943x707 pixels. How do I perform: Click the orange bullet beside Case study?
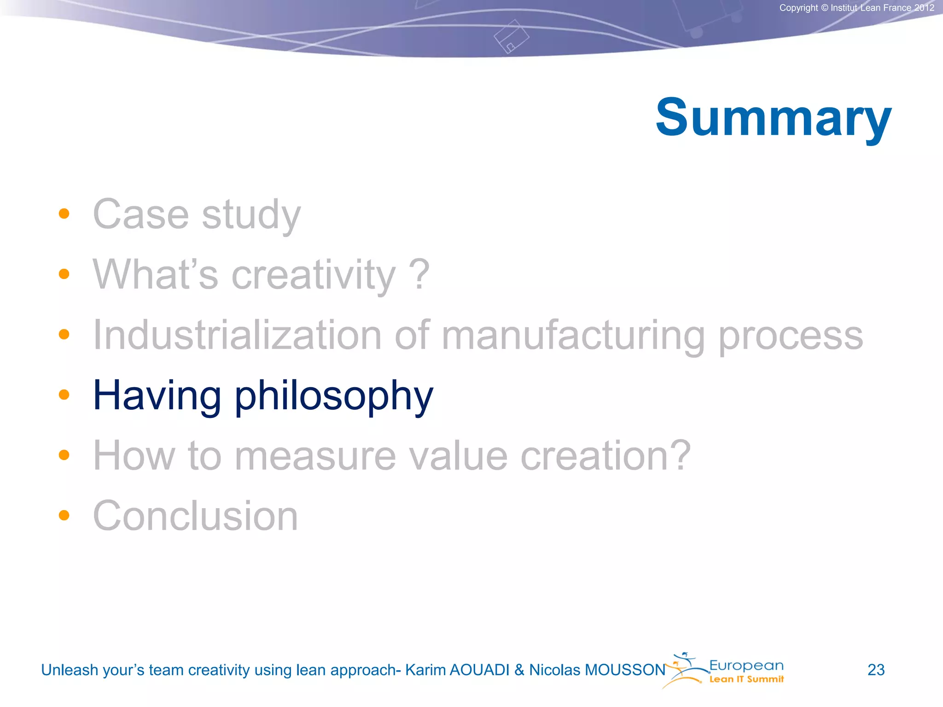click(x=64, y=214)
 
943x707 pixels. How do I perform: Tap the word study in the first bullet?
click(x=251, y=215)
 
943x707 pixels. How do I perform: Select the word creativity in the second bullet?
click(x=313, y=275)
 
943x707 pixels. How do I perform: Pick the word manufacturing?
click(x=573, y=336)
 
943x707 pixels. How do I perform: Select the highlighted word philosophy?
click(x=334, y=396)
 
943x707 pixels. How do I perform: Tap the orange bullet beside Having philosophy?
click(x=64, y=394)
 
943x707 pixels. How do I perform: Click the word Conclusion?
click(x=195, y=516)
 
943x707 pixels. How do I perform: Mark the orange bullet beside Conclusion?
click(x=64, y=515)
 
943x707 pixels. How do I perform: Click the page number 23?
click(x=876, y=670)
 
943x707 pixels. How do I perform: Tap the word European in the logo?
click(x=746, y=666)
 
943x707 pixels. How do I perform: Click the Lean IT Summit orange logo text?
click(x=746, y=679)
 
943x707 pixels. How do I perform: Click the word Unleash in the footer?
click(x=70, y=670)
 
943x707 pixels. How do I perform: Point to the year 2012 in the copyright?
click(x=924, y=8)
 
